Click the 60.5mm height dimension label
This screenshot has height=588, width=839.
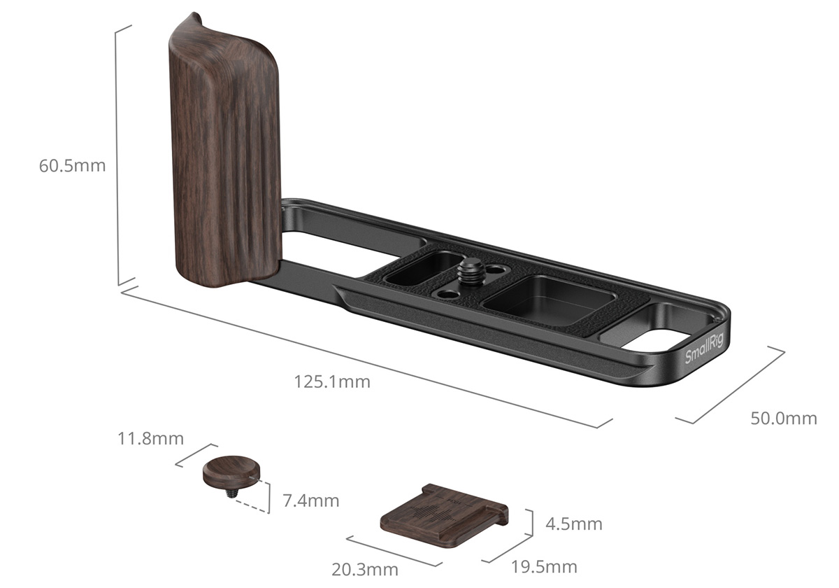(72, 166)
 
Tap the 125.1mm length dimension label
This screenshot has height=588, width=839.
(332, 381)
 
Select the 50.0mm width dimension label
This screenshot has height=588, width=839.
(784, 419)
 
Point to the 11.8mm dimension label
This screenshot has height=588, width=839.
(150, 439)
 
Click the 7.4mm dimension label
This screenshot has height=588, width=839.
(311, 501)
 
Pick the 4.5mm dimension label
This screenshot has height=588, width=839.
(574, 524)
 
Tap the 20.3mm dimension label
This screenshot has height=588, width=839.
(365, 570)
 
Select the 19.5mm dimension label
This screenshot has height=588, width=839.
(544, 568)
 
